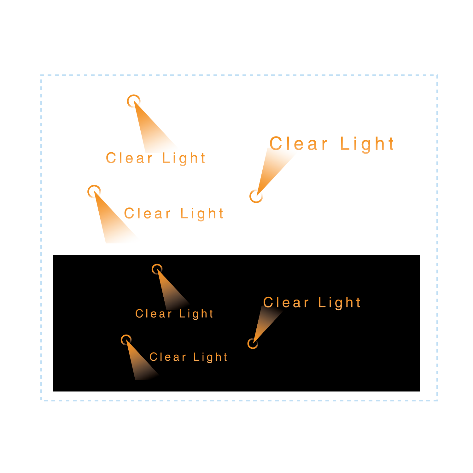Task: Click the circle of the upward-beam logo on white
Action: click(x=256, y=196)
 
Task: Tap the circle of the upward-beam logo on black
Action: click(x=253, y=343)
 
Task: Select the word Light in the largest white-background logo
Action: click(x=367, y=144)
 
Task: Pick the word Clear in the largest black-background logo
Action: click(x=286, y=302)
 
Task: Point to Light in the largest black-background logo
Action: click(x=339, y=303)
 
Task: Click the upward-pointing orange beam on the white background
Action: click(x=273, y=167)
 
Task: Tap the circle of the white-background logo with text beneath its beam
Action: click(x=133, y=101)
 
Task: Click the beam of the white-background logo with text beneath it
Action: click(x=151, y=132)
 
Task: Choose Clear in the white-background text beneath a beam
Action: click(x=129, y=158)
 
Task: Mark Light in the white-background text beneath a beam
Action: click(x=184, y=158)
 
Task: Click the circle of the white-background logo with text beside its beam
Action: click(x=94, y=191)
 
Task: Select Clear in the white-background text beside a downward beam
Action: click(x=147, y=213)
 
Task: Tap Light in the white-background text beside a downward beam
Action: click(x=202, y=214)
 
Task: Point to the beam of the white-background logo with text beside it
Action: click(x=110, y=221)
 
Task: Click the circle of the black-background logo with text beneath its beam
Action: click(x=157, y=269)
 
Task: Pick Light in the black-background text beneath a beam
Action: click(x=196, y=314)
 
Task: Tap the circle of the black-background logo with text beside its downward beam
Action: click(x=126, y=340)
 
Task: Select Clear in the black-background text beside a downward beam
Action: click(x=168, y=357)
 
